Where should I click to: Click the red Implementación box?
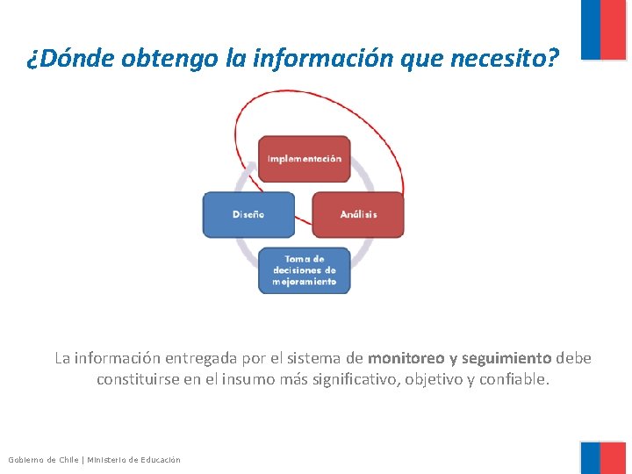click(304, 159)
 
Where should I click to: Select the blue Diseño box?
click(248, 214)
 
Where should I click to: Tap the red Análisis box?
click(358, 214)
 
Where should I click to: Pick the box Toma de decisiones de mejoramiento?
click(304, 270)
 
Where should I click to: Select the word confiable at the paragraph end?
click(513, 380)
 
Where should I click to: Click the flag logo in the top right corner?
click(603, 29)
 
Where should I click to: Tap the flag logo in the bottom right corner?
click(603, 457)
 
